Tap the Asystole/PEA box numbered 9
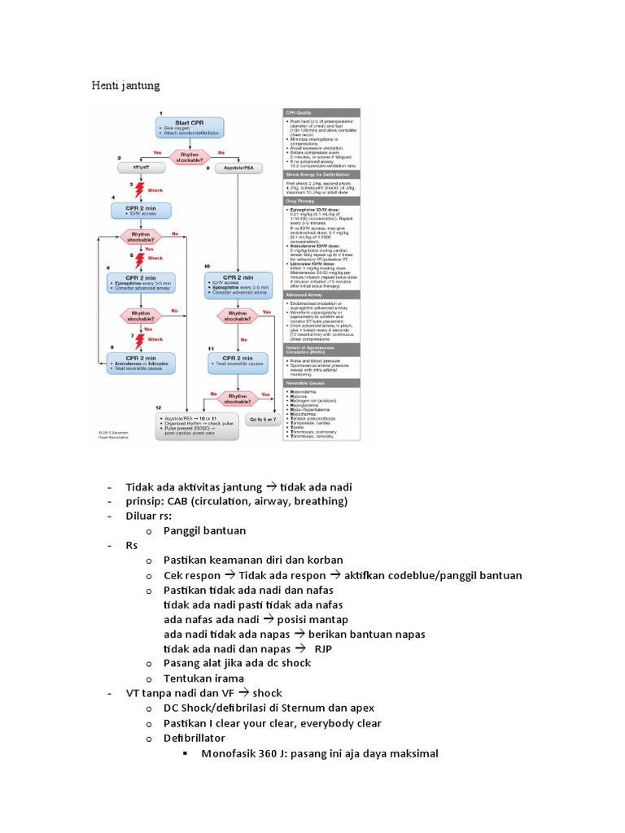[236, 167]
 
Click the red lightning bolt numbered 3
[138, 189]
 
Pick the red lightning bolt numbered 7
[138, 338]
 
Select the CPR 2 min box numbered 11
[237, 360]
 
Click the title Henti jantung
[125, 85]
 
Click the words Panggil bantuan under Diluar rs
[204, 530]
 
